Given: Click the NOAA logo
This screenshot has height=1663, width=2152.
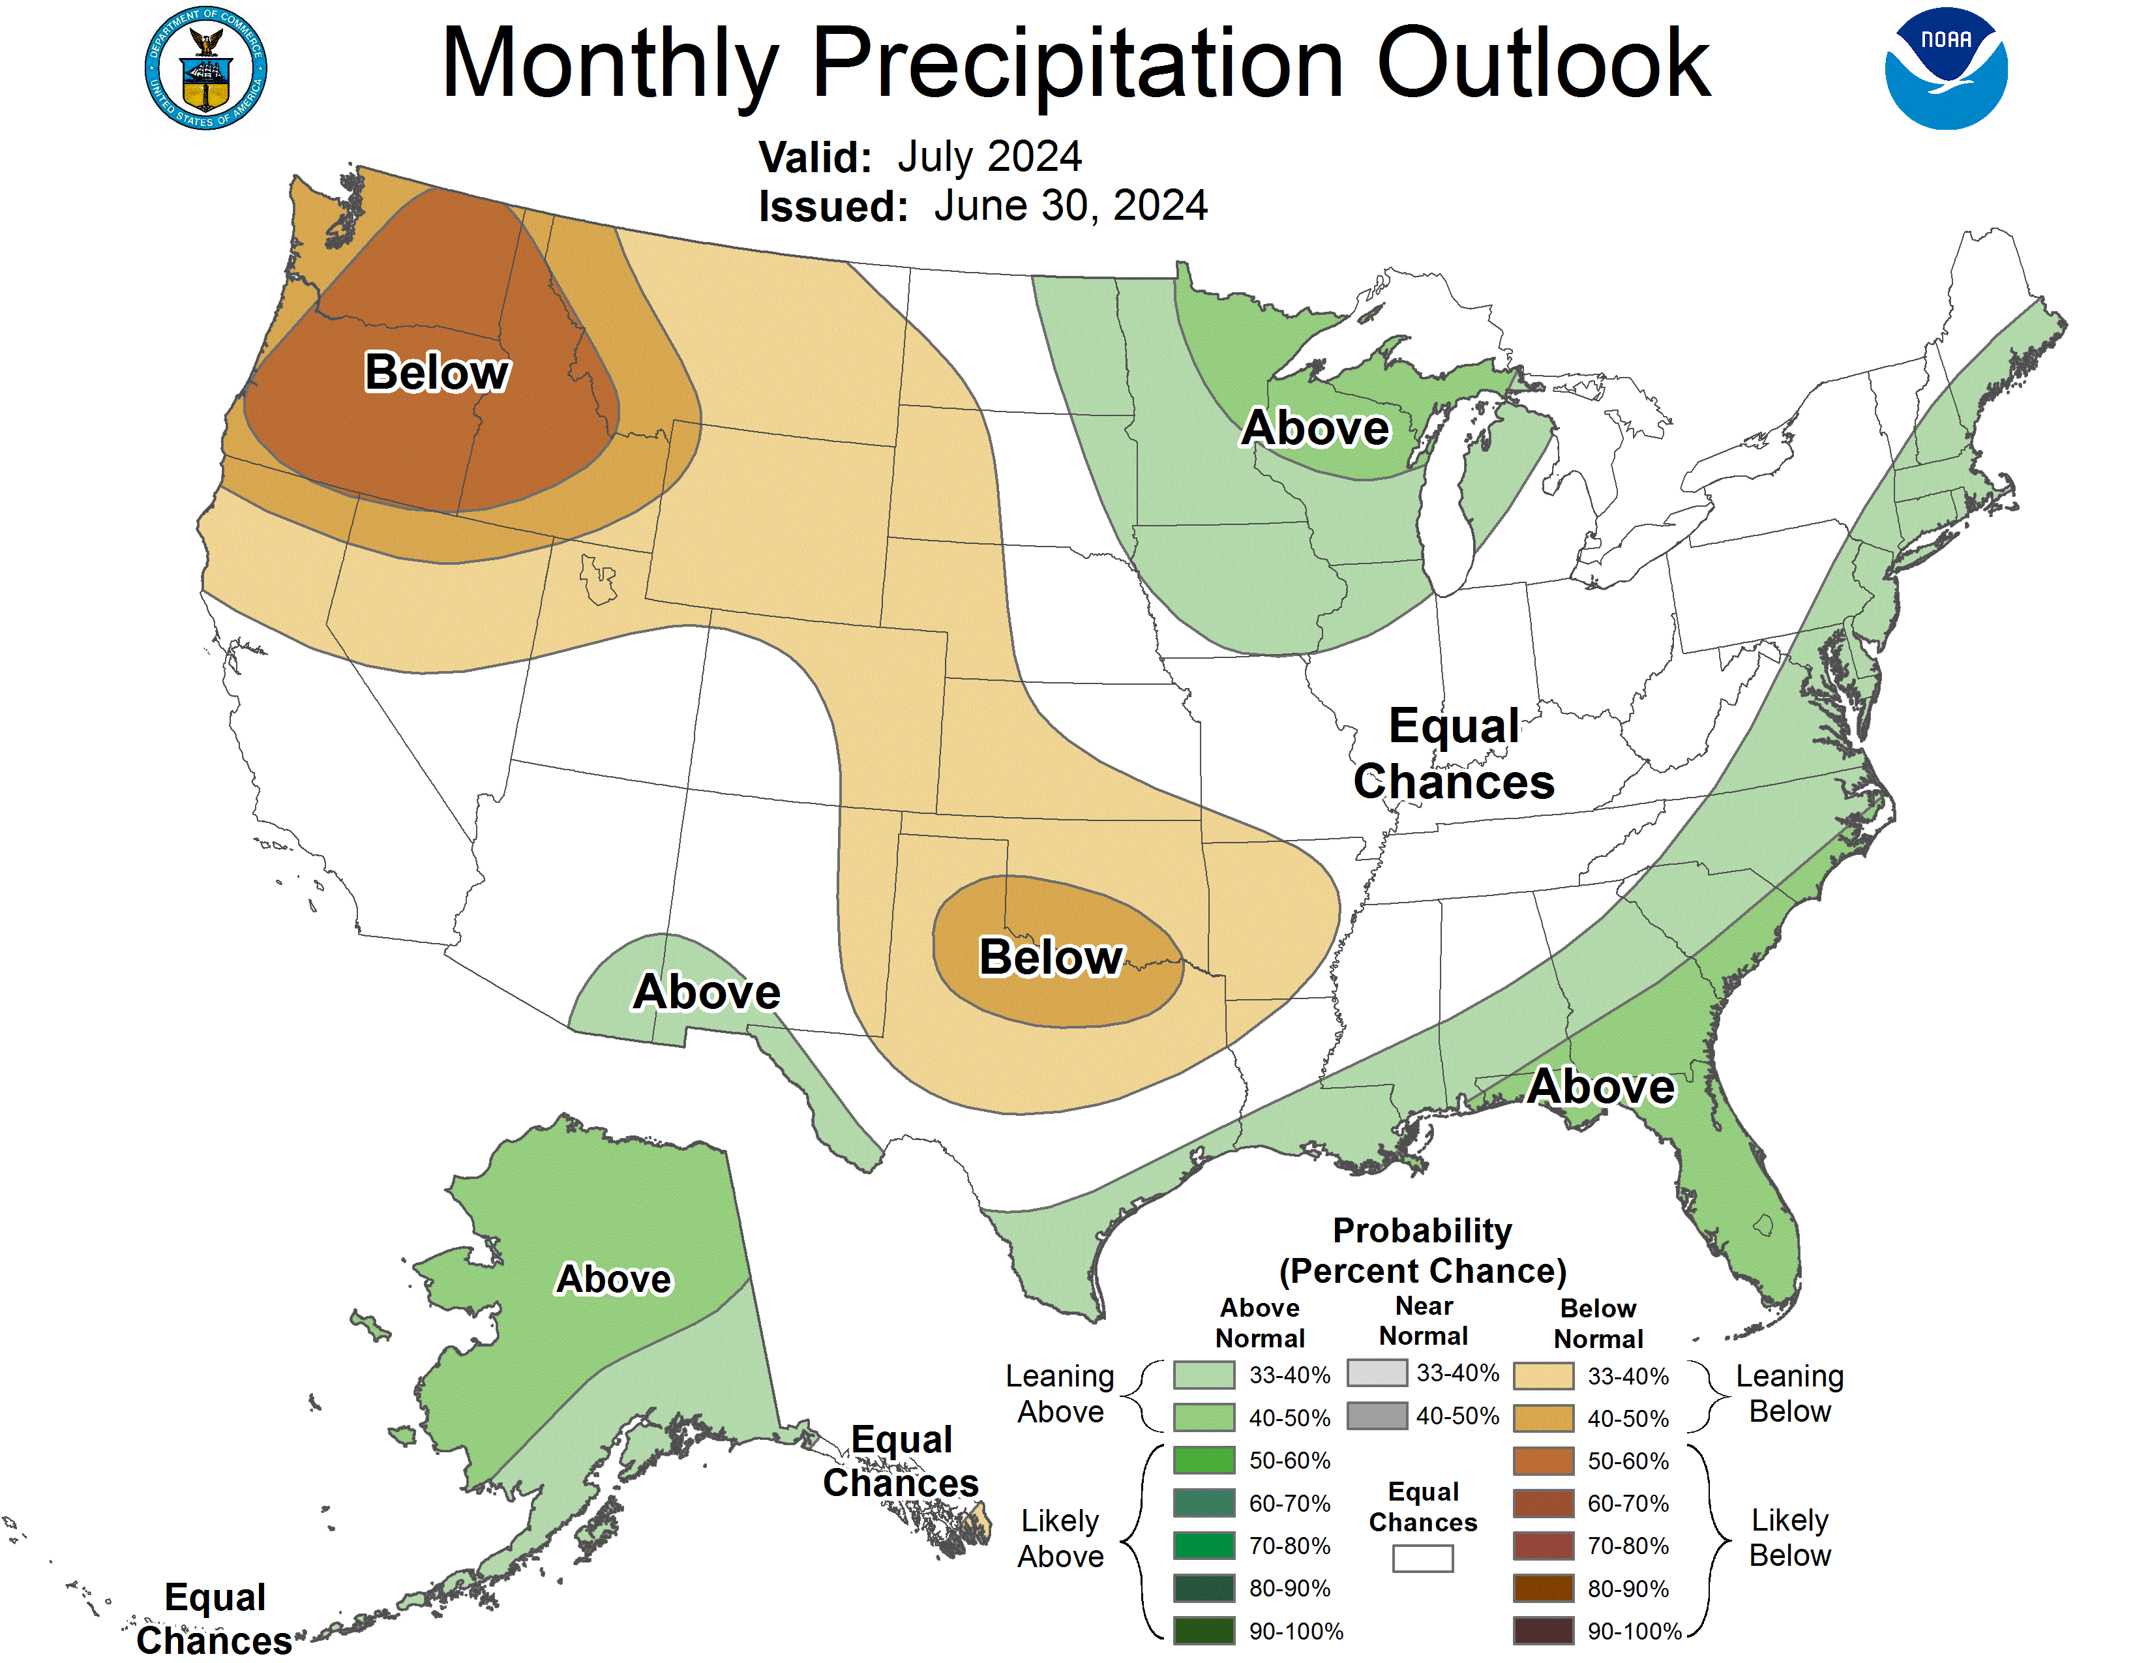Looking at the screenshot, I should point(1945,68).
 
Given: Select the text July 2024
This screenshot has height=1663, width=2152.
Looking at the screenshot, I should point(989,157).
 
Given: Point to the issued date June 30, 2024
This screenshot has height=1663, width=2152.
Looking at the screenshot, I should point(1070,206).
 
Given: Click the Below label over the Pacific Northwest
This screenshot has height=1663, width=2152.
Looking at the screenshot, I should point(436,372).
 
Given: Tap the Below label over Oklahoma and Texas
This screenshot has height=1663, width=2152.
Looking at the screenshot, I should point(1051,957).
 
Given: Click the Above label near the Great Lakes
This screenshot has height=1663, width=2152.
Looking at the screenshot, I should point(1315,428).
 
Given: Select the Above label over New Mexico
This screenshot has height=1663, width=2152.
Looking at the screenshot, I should point(706,991).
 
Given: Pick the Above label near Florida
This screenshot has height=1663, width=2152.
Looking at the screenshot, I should point(1600,1086).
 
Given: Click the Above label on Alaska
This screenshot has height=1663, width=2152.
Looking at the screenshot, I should point(613,1279).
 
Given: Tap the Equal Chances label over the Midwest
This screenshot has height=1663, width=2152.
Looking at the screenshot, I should point(1454,754).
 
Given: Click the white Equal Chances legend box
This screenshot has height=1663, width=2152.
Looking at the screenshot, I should point(1422,1557).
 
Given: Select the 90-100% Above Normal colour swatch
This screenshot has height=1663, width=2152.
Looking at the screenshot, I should point(1203,1630).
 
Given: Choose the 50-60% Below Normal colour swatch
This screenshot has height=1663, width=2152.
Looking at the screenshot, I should point(1542,1460).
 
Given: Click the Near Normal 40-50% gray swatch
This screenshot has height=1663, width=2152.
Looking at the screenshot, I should point(1377,1416).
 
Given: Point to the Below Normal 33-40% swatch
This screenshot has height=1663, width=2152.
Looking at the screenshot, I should point(1542,1375).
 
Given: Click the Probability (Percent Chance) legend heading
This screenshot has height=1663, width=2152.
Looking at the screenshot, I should point(1422,1250).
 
